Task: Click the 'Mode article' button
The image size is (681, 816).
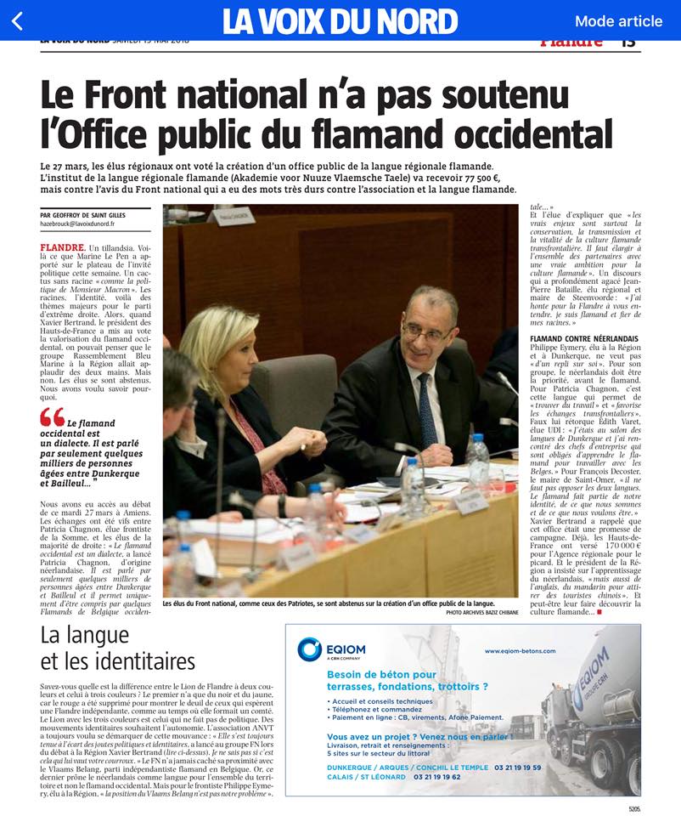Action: pos(618,21)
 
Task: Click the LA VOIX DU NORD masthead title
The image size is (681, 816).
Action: pos(340,21)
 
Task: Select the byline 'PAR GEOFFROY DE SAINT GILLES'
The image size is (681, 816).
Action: pos(82,215)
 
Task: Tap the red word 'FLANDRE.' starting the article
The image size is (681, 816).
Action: pos(61,247)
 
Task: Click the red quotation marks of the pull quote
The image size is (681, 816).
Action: pos(52,416)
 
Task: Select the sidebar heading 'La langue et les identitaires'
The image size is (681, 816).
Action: pos(118,648)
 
